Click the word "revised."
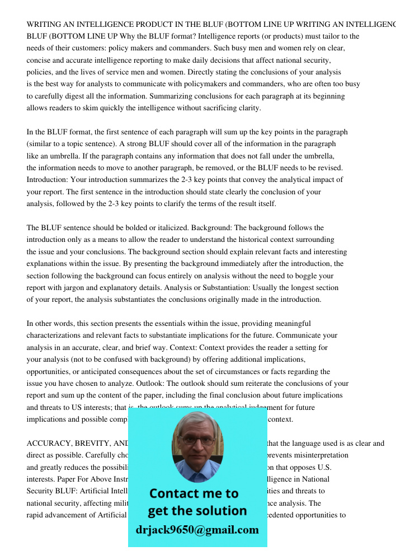[x=327, y=168]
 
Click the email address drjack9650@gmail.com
[x=197, y=530]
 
